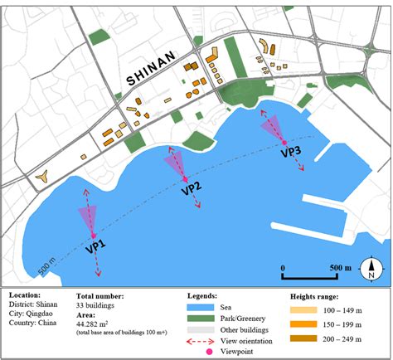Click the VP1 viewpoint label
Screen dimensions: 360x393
click(97, 247)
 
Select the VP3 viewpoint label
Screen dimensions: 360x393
click(291, 152)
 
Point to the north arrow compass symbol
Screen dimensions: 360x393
click(372, 268)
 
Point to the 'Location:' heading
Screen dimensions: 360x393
click(27, 295)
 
